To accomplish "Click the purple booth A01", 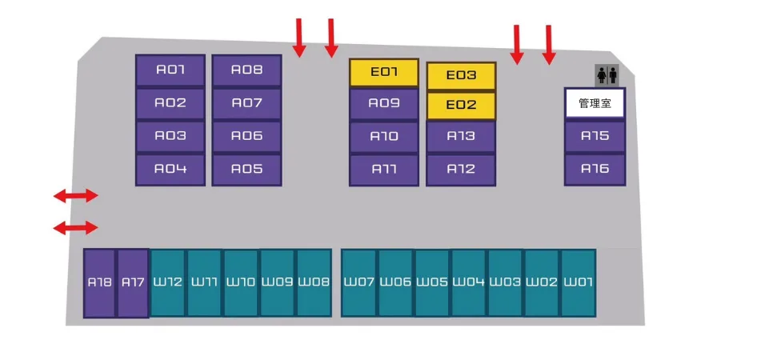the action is [170, 70].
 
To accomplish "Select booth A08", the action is [246, 70].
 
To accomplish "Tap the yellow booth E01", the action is [384, 73].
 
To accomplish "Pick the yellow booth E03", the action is [461, 76].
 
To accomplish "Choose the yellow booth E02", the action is [461, 106].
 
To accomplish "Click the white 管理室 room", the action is [595, 103].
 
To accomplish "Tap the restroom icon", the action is [607, 75].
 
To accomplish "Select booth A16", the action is [595, 170].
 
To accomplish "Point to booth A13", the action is [461, 136].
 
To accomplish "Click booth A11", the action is [384, 170].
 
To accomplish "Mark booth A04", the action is [170, 170].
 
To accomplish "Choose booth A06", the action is [246, 137].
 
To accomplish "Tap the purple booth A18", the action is [100, 283].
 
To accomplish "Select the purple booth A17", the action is [133, 283].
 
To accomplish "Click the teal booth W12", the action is [167, 282].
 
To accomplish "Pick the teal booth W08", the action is [314, 282].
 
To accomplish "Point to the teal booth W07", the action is [358, 282].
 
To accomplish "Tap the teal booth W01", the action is [578, 282].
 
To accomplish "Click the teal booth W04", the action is [468, 282].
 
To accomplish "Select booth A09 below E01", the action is [384, 104].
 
